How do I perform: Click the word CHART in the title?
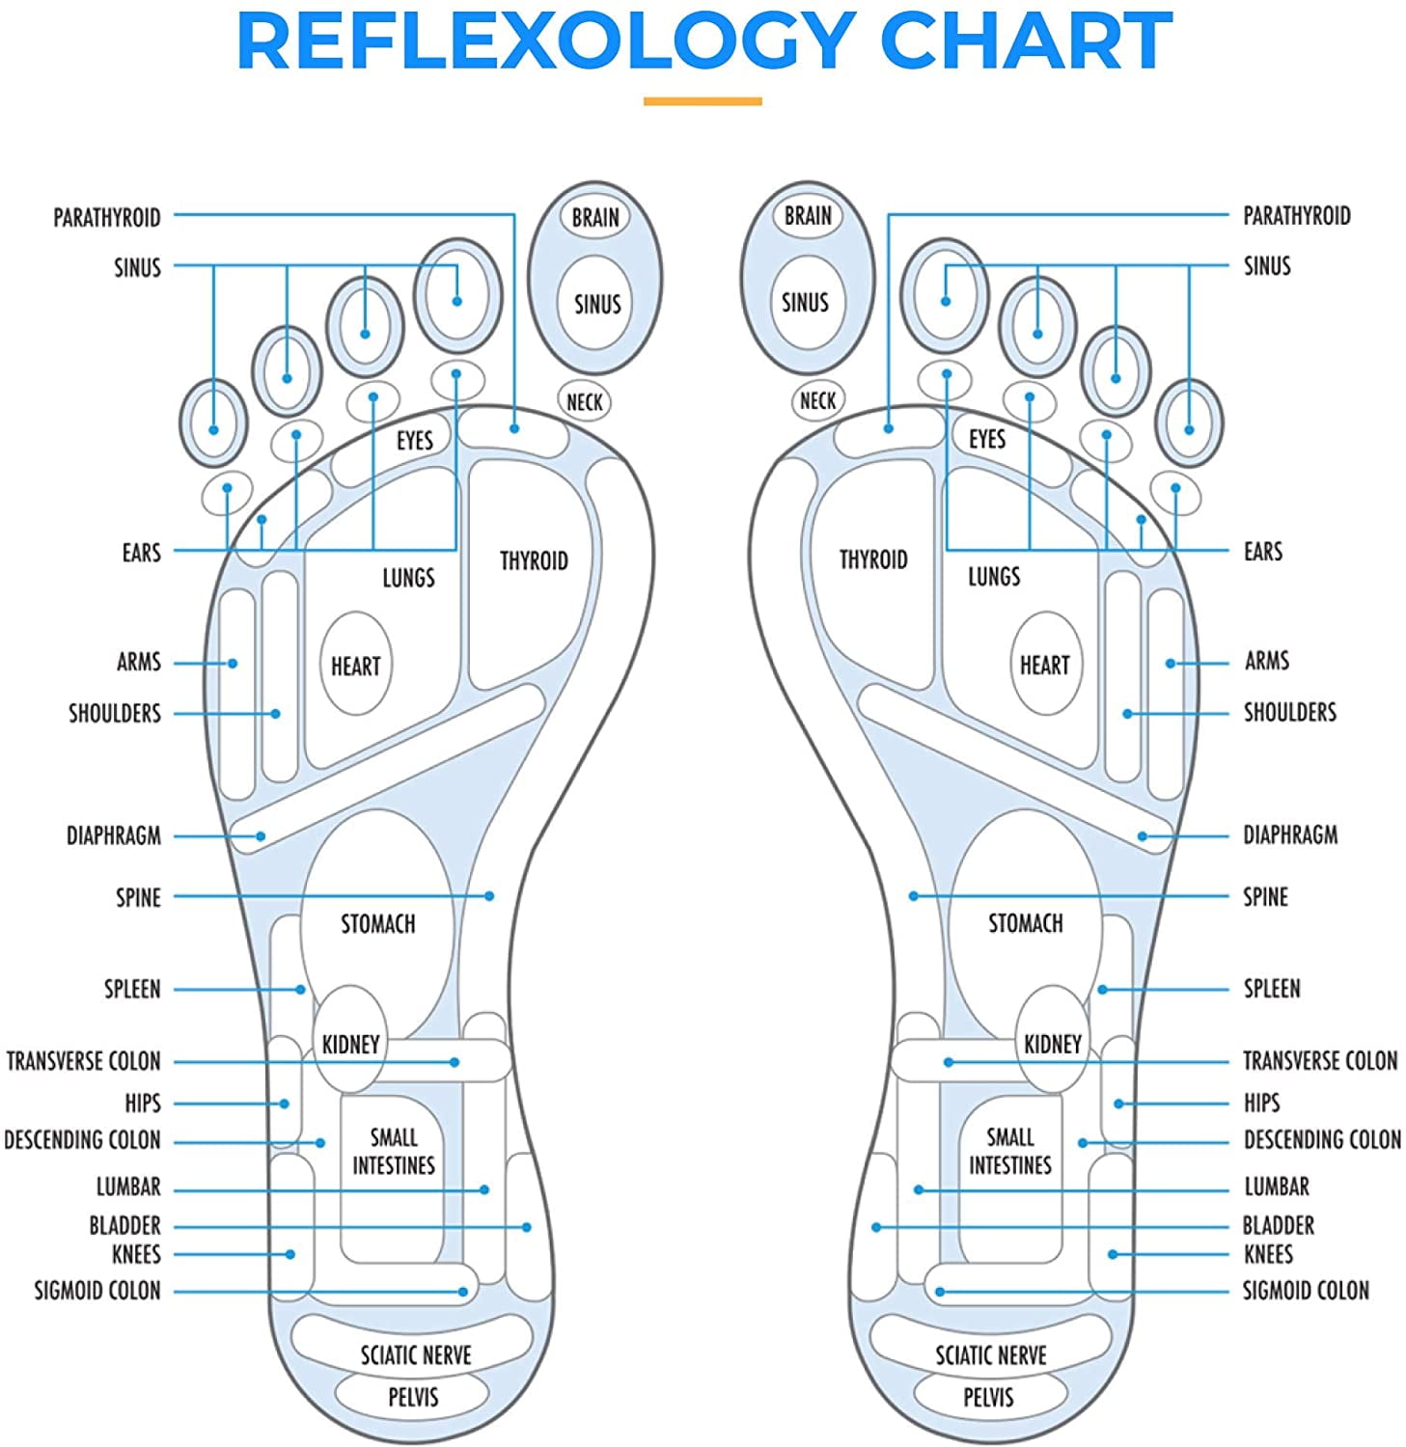coord(1027,41)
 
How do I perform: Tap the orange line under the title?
coord(703,100)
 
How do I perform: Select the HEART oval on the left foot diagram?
coord(355,666)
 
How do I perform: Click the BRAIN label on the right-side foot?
coord(808,215)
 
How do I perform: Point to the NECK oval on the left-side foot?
coord(584,401)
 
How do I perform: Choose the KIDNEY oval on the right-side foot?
coord(1052,1044)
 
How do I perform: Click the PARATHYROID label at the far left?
coord(107,217)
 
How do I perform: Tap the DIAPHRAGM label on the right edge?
coord(1290,834)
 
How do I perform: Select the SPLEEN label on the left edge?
coord(132,989)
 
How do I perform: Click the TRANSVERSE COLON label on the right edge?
coord(1319,1060)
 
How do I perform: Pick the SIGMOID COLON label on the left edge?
coord(97,1290)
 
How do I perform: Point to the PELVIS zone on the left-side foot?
coord(413,1396)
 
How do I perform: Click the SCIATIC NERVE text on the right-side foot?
coord(990,1354)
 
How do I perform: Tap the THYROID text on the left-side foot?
coord(534,560)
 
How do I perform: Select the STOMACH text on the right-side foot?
coord(1025,923)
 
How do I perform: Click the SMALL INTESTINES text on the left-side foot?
coord(394,1151)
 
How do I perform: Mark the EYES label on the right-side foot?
coord(986,439)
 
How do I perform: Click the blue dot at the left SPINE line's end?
coord(489,896)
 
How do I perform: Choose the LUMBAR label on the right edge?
coord(1276,1186)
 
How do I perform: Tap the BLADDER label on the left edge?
coord(124,1225)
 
